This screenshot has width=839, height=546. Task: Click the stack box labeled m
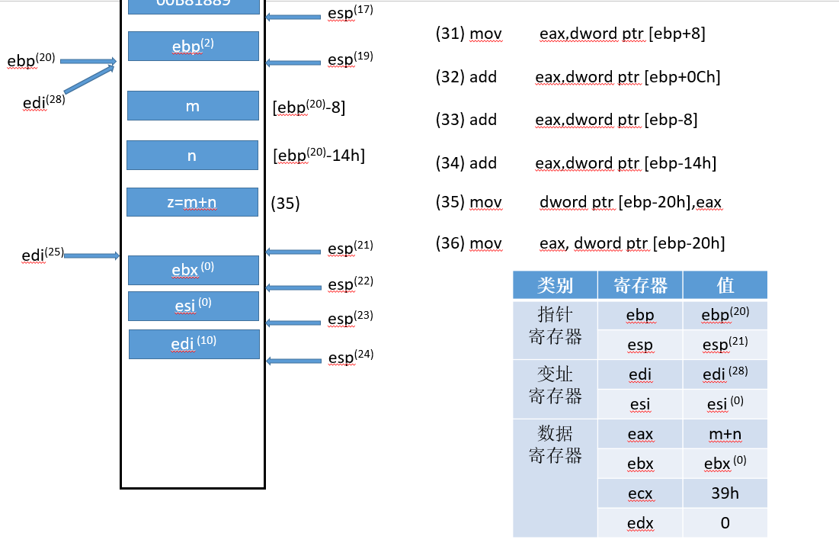click(193, 106)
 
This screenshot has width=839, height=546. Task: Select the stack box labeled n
click(192, 156)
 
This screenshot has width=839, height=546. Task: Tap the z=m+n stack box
click(192, 202)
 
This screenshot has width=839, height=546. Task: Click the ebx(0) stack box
click(193, 270)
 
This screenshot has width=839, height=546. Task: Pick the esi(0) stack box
click(193, 306)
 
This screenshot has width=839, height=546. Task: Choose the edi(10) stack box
click(194, 344)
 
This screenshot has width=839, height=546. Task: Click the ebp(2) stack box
click(193, 47)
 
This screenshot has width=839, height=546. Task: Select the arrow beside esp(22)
click(293, 287)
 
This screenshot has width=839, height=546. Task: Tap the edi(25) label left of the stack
click(43, 255)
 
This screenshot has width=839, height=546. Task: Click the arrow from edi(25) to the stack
click(92, 255)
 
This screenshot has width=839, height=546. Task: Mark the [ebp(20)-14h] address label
click(319, 156)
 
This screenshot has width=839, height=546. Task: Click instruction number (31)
click(450, 34)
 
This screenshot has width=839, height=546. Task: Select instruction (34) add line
click(576, 163)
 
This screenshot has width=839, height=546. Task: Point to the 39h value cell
click(725, 493)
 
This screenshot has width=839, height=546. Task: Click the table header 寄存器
click(640, 285)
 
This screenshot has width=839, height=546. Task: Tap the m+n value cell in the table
click(725, 435)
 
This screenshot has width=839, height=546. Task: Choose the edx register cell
click(640, 523)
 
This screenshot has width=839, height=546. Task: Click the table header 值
click(725, 285)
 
